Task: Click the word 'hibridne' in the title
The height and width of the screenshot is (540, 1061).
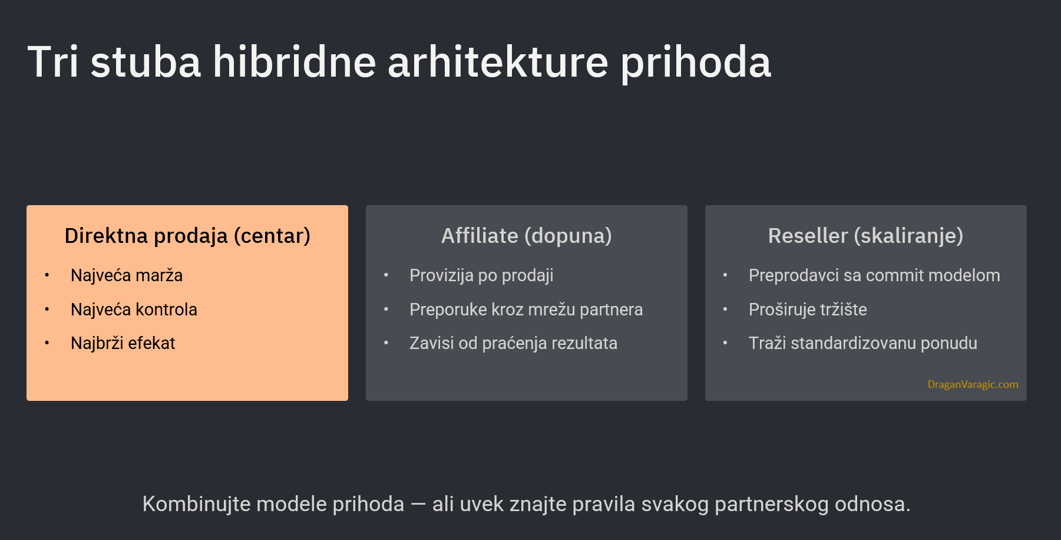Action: pos(294,61)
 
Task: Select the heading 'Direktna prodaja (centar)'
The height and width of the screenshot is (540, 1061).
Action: pos(187,236)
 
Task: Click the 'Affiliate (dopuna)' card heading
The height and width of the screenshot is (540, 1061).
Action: pos(527,236)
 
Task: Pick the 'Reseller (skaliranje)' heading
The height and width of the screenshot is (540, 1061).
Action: pos(865,236)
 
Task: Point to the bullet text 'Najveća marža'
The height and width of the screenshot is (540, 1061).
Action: pos(127,275)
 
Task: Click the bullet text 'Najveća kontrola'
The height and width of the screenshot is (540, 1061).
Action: pos(134,309)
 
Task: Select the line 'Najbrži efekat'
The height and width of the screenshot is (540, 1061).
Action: pos(123,343)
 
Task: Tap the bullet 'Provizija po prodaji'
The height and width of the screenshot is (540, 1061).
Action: pos(481,275)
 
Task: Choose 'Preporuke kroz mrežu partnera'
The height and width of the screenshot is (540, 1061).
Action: pos(526,309)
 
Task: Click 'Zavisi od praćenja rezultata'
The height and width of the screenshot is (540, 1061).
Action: pos(513,343)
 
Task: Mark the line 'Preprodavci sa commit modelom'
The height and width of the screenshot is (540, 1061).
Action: pos(874,275)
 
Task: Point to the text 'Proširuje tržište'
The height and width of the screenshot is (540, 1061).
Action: pos(808,309)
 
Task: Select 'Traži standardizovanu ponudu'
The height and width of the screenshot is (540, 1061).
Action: pos(863,343)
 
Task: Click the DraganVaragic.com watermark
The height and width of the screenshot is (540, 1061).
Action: pos(973,384)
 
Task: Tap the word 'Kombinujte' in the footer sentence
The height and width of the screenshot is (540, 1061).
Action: pos(196,504)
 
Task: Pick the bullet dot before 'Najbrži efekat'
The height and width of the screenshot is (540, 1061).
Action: pos(47,343)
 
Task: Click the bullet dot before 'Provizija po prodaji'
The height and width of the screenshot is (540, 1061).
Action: pos(386,275)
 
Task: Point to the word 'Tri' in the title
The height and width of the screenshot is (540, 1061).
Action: pos(53,61)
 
